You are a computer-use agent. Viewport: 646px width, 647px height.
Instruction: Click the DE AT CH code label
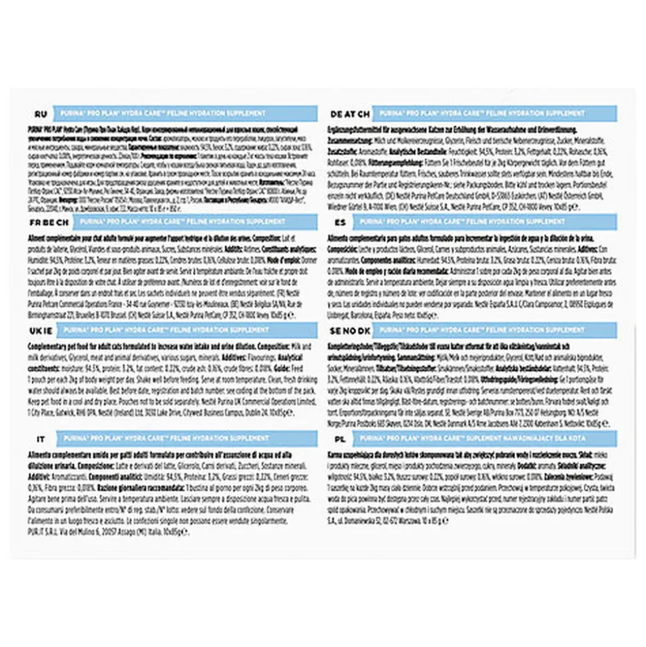(x=347, y=113)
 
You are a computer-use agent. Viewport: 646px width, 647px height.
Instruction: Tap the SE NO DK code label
(x=348, y=330)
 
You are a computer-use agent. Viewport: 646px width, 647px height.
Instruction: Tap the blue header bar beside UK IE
(x=190, y=330)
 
